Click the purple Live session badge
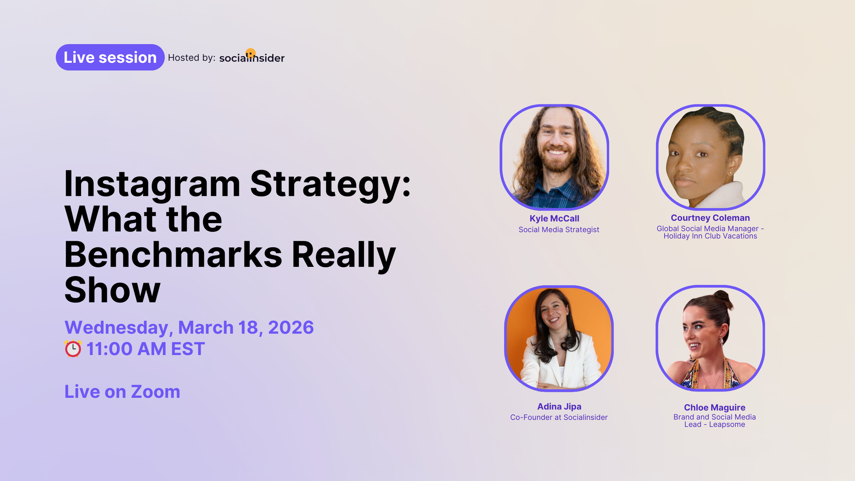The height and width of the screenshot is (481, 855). click(x=110, y=57)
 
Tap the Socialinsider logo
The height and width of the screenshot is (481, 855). click(x=252, y=58)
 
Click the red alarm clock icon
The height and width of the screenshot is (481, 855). click(x=73, y=349)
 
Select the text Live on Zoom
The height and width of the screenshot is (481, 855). click(x=122, y=392)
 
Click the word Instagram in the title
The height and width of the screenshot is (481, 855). click(x=152, y=184)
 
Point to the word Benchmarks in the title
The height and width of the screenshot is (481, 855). click(x=173, y=255)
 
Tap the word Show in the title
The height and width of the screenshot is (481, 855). click(x=112, y=290)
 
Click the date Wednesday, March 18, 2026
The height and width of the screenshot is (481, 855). click(x=189, y=328)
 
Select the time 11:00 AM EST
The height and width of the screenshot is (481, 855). click(x=146, y=349)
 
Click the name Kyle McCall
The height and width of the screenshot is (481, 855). click(x=554, y=218)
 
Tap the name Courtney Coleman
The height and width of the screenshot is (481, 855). click(x=710, y=218)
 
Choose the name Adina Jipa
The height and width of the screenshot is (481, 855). click(x=559, y=407)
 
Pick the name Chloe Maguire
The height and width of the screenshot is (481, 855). click(x=714, y=407)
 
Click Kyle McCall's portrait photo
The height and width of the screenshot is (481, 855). click(x=554, y=157)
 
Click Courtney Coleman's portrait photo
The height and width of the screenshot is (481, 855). click(x=710, y=157)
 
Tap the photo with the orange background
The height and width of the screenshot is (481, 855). click(x=559, y=338)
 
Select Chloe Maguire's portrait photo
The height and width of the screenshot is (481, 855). click(x=710, y=338)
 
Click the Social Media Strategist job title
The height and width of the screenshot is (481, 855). click(x=559, y=230)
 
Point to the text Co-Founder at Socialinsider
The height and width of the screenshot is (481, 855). click(x=559, y=417)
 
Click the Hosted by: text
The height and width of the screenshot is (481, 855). click(x=192, y=58)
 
